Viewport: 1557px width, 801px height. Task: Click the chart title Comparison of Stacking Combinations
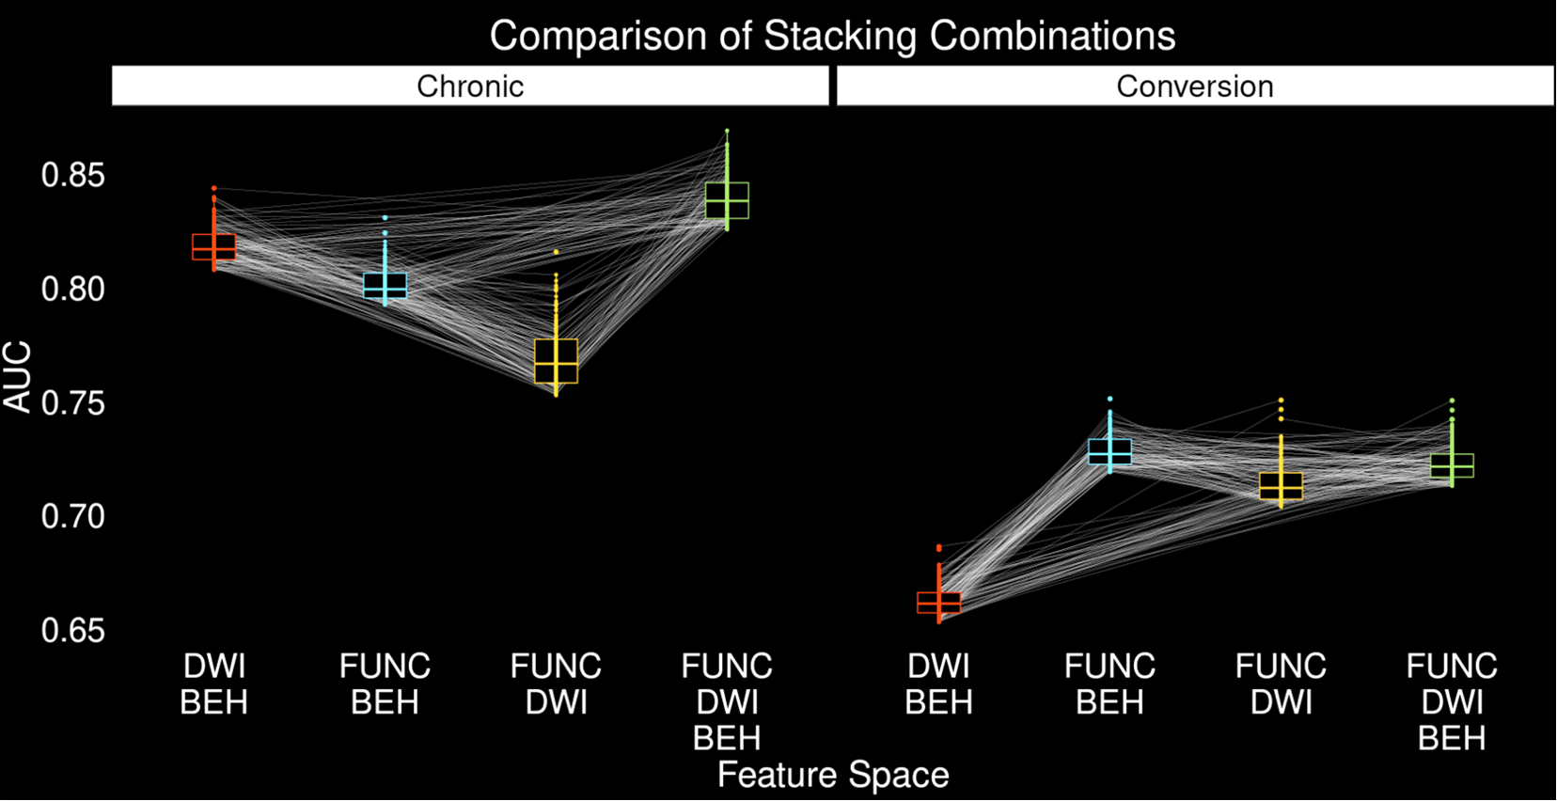point(832,36)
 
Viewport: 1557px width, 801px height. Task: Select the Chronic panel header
point(470,86)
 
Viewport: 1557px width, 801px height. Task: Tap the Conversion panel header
point(1195,86)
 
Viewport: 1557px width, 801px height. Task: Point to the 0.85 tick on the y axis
point(73,175)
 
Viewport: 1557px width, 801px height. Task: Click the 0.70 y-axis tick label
point(73,517)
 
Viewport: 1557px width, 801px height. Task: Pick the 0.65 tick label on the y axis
point(73,631)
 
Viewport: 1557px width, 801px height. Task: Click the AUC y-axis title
point(17,377)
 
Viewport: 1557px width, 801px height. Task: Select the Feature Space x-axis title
point(833,775)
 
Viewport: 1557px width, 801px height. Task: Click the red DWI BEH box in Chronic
point(214,247)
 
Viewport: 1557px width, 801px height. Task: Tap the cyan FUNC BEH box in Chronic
point(385,285)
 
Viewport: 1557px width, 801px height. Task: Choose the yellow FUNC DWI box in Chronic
point(556,361)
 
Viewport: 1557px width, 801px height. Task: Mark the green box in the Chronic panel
point(727,200)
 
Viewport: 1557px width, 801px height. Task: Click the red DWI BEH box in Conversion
point(939,603)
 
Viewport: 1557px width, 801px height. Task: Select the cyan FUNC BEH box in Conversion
point(1110,452)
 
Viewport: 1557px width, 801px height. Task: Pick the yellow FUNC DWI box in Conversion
point(1282,486)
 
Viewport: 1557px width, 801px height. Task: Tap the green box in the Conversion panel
point(1452,466)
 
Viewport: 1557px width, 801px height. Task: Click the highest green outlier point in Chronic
point(727,131)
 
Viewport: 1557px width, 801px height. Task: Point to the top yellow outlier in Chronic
point(556,252)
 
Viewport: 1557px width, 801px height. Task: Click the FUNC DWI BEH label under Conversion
point(1452,701)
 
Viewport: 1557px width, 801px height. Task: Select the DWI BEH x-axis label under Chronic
point(214,684)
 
